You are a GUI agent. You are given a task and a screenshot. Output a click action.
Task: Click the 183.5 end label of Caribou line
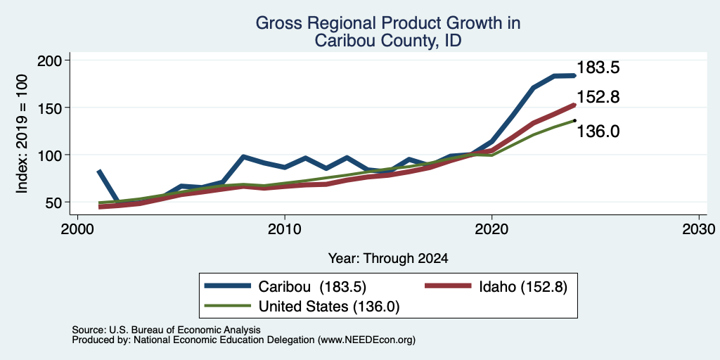tap(598, 68)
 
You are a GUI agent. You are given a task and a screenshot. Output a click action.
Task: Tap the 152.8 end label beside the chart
tap(598, 97)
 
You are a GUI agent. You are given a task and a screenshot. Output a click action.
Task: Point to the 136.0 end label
tap(598, 131)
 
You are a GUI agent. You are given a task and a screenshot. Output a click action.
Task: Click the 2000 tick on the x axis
tap(77, 229)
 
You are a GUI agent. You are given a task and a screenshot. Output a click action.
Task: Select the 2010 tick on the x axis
tap(285, 229)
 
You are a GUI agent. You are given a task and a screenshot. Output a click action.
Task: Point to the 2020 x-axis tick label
tap(491, 229)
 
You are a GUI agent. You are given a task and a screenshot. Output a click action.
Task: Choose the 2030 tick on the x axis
tap(699, 229)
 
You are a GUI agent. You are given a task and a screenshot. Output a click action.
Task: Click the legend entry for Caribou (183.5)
tap(285, 287)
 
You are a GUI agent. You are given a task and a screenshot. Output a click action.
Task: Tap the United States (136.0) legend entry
tap(302, 307)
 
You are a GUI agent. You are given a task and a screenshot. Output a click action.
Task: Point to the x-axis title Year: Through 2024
tap(388, 259)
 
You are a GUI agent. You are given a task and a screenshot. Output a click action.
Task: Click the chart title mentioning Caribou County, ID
tap(388, 32)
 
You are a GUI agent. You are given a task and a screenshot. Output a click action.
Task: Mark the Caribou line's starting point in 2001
tap(98, 171)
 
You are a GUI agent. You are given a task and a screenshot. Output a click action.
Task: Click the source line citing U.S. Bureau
tap(166, 330)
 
